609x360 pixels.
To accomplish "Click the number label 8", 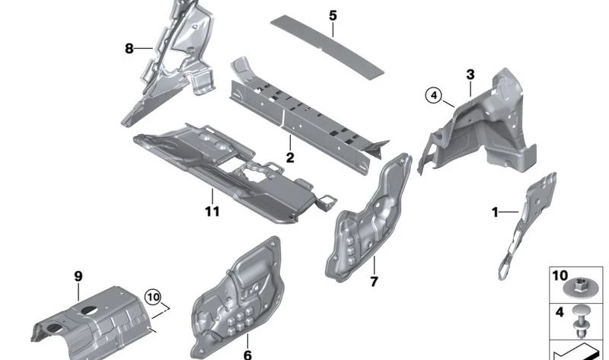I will coord(129,49).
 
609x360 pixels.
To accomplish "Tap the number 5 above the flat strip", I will coord(332,15).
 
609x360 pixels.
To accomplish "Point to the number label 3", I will coord(470,74).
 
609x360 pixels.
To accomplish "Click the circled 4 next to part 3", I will coord(433,95).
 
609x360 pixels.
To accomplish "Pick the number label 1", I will coord(495,212).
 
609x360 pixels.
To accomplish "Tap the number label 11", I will coord(212,211).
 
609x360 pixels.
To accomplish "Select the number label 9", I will coord(78,276).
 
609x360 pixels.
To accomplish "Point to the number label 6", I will coord(247,354).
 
